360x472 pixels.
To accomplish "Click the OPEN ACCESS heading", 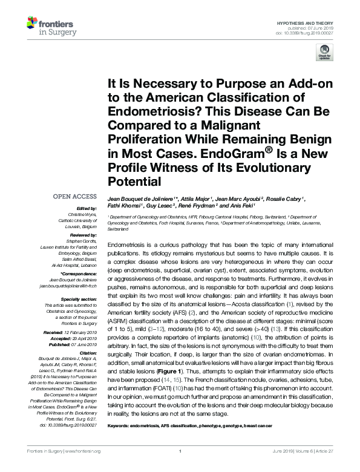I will [75, 196].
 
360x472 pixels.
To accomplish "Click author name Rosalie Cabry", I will [286, 198].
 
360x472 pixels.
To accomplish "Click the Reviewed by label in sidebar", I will [82, 235].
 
